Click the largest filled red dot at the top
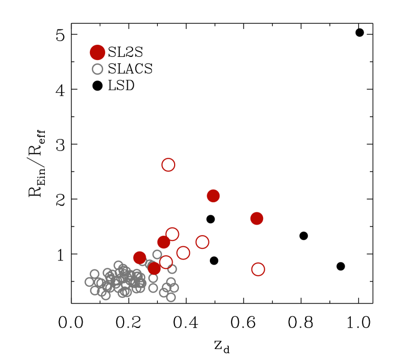tap(97, 53)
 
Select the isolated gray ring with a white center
tap(97, 69)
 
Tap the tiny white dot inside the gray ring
tap(97, 69)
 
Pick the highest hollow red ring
tap(168, 165)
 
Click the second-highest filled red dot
tap(213, 196)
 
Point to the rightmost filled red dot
tap(257, 218)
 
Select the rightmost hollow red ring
tap(258, 269)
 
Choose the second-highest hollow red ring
tap(172, 234)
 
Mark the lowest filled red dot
tap(154, 268)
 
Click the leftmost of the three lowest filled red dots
tap(139, 257)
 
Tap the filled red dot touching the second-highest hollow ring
tap(164, 242)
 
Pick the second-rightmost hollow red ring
tap(202, 242)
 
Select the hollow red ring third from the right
tap(183, 253)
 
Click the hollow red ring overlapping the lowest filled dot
tap(166, 262)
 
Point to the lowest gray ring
tap(171, 297)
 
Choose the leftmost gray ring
tap(89, 282)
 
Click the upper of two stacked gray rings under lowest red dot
tap(153, 278)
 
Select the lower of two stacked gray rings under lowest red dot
tap(153, 288)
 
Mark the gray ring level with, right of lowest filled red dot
tap(172, 269)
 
